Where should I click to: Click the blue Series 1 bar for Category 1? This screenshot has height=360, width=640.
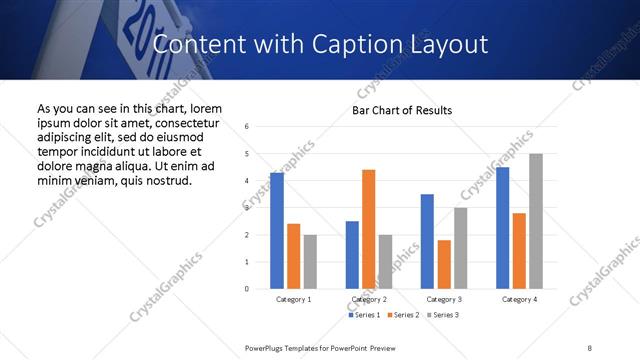[x=277, y=230]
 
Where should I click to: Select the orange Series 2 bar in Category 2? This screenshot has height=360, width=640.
[x=368, y=229]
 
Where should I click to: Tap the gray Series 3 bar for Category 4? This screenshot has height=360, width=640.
[x=536, y=221]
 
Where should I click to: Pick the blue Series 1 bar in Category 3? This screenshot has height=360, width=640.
[x=427, y=241]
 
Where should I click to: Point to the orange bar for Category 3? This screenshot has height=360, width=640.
[x=444, y=264]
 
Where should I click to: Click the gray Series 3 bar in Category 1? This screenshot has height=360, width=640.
[x=310, y=261]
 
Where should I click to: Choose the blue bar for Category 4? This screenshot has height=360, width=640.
[x=502, y=228]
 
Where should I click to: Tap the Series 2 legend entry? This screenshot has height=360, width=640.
[x=403, y=315]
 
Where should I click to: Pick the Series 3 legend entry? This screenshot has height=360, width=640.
[x=442, y=315]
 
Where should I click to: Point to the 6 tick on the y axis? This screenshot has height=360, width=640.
[x=247, y=127]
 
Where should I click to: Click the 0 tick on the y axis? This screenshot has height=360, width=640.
[x=247, y=289]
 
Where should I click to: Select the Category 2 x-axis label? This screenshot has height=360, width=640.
[x=368, y=299]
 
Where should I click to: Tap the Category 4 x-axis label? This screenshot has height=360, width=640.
[x=519, y=299]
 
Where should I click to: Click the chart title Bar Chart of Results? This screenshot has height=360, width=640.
[x=403, y=110]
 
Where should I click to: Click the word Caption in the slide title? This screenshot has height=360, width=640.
[x=364, y=44]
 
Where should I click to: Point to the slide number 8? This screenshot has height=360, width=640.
[x=590, y=347]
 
